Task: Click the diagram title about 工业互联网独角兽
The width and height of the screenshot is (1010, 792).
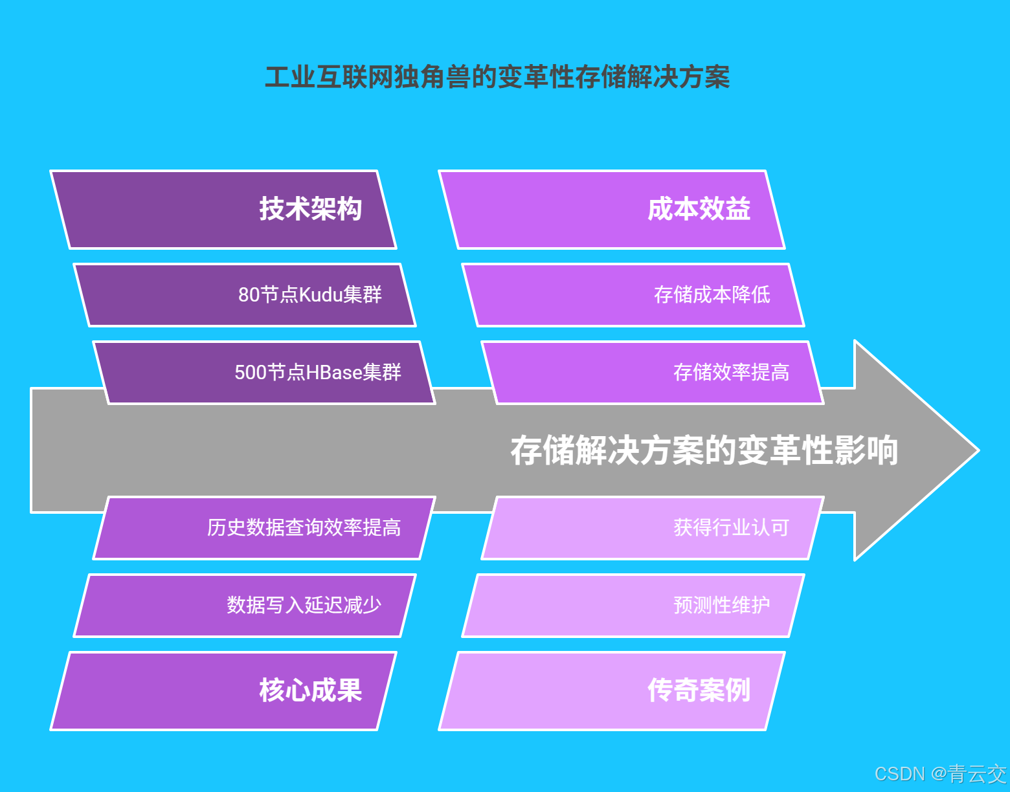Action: click(x=497, y=78)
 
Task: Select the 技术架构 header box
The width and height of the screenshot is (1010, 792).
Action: click(x=223, y=210)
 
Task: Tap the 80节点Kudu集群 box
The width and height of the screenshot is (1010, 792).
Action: click(x=245, y=295)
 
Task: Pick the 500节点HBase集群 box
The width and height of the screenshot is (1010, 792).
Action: click(x=264, y=373)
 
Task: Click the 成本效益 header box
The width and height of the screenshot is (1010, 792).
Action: click(x=612, y=210)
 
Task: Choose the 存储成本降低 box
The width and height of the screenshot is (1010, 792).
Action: click(x=633, y=295)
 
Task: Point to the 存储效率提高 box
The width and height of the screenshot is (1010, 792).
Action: click(x=653, y=373)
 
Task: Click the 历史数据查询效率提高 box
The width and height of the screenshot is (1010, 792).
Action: click(x=264, y=528)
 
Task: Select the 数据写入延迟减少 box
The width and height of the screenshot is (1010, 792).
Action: click(x=245, y=606)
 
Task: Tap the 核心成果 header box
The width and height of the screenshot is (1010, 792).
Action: click(x=223, y=691)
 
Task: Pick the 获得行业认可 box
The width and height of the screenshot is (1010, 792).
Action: click(x=653, y=528)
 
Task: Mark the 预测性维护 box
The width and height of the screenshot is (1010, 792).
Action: click(x=633, y=606)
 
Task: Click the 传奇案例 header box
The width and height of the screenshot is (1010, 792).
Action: click(x=612, y=691)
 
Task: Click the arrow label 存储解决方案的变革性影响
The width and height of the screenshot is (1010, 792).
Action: click(x=704, y=450)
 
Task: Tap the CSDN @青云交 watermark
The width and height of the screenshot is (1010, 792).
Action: click(x=940, y=774)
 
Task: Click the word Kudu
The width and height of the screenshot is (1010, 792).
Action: click(x=320, y=295)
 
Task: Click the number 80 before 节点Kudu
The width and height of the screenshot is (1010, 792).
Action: click(x=249, y=295)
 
